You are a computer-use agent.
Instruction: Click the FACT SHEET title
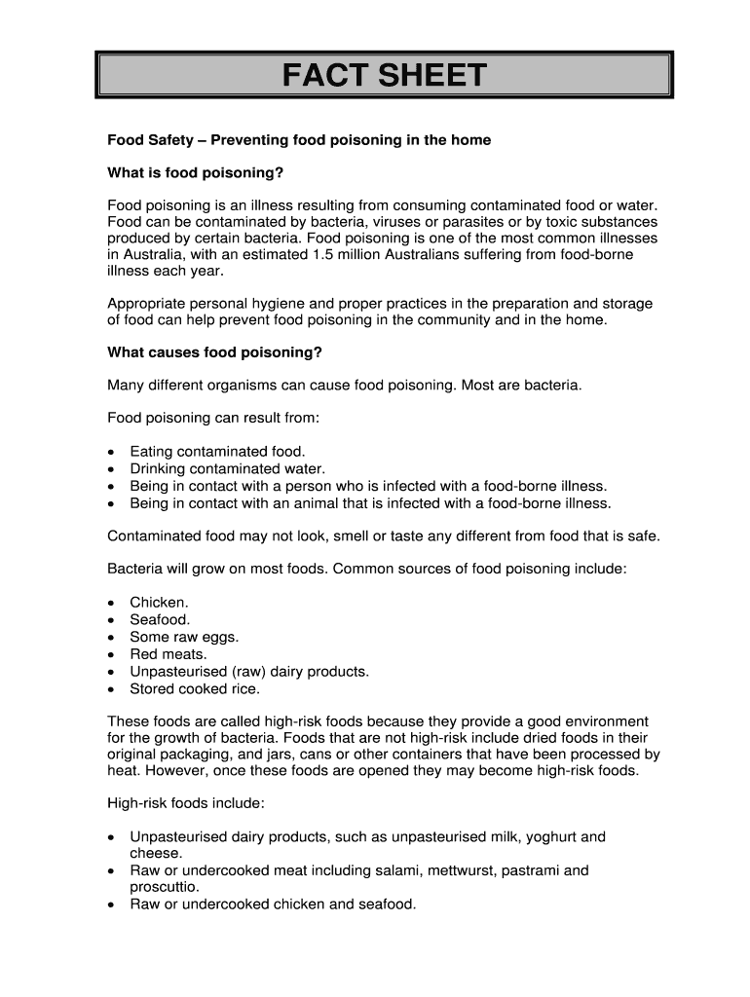[x=384, y=75]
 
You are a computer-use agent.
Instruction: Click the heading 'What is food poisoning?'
[x=195, y=173]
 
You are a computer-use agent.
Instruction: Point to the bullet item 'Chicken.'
[x=159, y=603]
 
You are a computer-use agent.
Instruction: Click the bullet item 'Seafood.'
[x=160, y=619]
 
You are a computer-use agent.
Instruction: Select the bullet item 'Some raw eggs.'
[x=184, y=637]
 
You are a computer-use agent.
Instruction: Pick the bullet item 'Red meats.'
[x=169, y=654]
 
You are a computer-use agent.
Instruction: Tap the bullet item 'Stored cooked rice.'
[x=195, y=688]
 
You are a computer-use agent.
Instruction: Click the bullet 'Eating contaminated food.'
[x=217, y=452]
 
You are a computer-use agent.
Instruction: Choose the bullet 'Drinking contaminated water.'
[x=227, y=468]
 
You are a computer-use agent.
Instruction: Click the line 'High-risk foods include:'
[x=185, y=804]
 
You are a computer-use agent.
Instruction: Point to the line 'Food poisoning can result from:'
[x=213, y=418]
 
